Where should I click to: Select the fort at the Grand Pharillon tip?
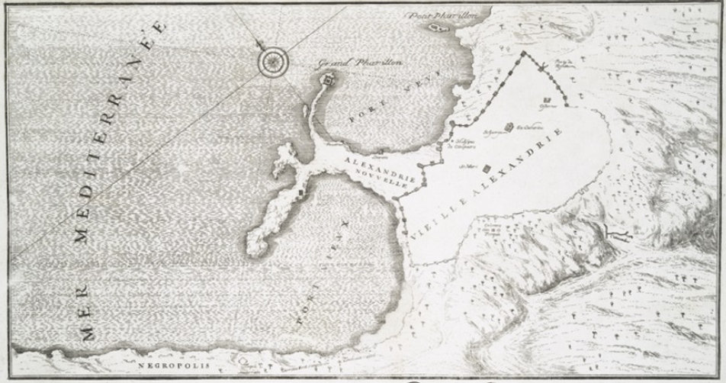(328, 79)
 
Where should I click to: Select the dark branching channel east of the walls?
(610, 233)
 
